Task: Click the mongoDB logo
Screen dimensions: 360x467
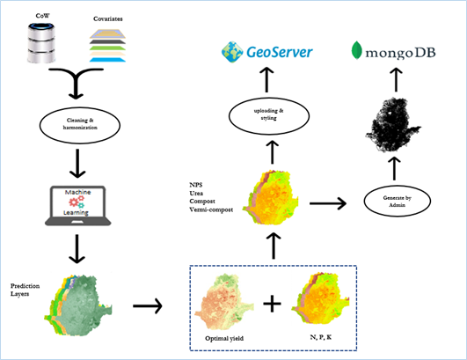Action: click(x=395, y=50)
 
